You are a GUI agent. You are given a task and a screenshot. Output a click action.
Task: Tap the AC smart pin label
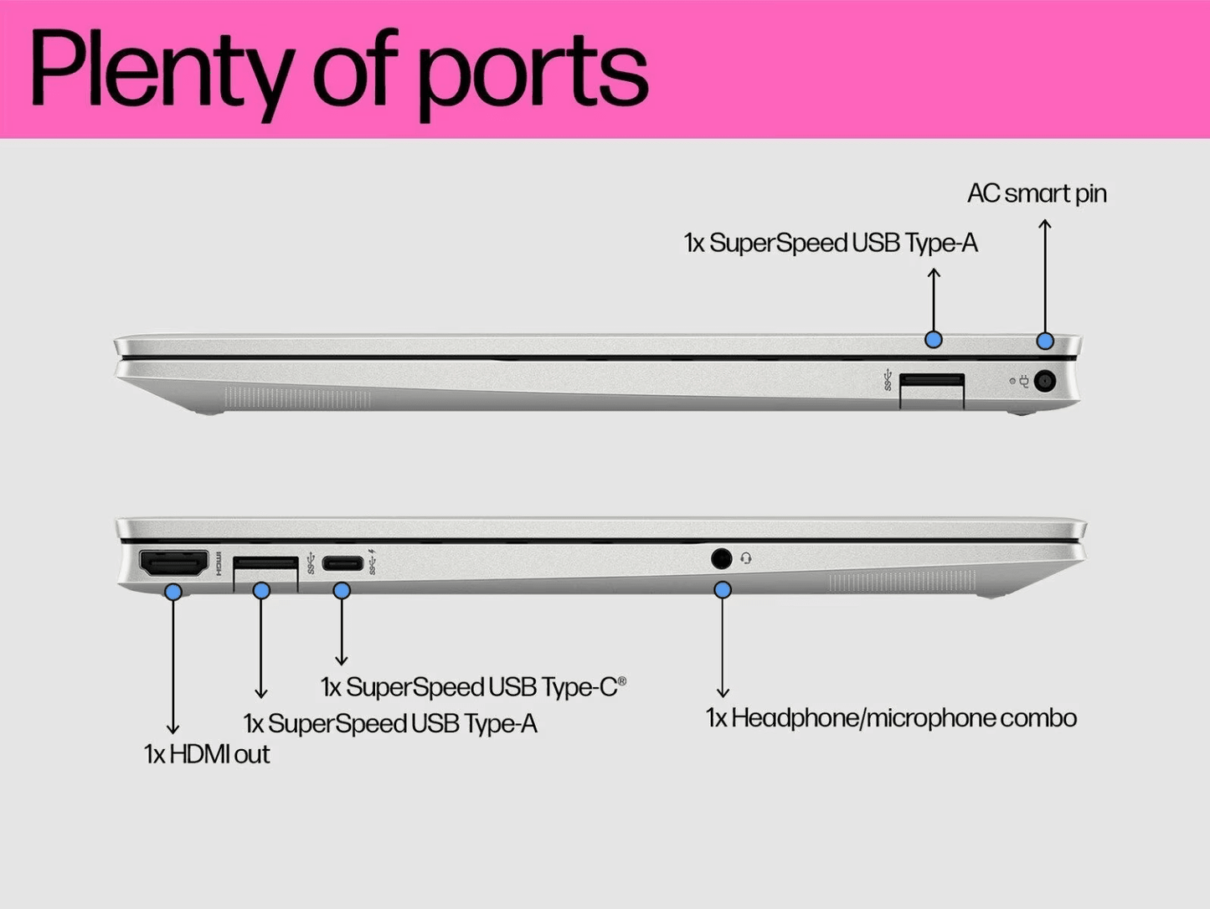(1037, 193)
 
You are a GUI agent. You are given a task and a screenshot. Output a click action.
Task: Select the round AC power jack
(1044, 382)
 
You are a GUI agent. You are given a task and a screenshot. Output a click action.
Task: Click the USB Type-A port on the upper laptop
(931, 382)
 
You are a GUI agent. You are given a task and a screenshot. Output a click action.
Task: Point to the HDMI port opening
(173, 563)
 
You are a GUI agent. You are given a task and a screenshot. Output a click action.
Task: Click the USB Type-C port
(342, 563)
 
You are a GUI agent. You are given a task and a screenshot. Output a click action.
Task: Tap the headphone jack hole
(721, 558)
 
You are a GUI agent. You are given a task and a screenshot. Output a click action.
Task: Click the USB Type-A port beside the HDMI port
(265, 563)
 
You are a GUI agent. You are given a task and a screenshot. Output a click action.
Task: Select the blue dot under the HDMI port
(173, 592)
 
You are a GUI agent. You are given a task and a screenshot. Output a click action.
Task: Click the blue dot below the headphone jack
(723, 590)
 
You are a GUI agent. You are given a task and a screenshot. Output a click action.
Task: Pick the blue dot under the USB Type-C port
(342, 590)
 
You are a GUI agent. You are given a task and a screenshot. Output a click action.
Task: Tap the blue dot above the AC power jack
(1044, 341)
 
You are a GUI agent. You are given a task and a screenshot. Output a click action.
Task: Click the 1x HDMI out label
(207, 754)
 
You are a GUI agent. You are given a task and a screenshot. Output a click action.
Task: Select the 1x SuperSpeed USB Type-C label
(472, 687)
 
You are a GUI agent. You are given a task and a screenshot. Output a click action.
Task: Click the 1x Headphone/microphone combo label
(891, 718)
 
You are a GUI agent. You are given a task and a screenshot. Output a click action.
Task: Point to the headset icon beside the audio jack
(746, 558)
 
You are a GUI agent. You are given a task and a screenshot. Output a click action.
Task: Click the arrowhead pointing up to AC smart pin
(1044, 223)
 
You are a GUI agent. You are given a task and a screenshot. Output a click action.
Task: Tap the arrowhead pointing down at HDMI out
(173, 730)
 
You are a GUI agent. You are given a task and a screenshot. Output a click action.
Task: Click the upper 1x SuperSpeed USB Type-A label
(830, 244)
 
